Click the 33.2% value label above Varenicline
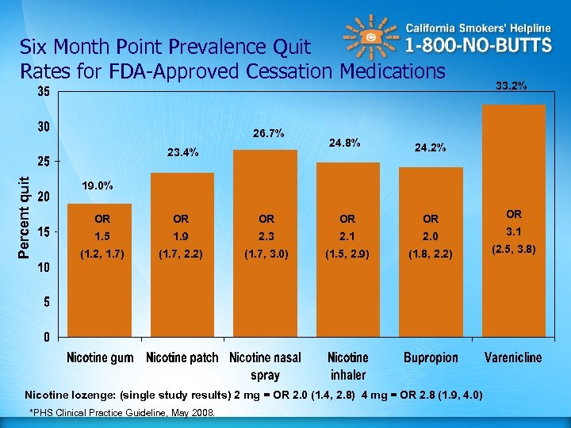[513, 85]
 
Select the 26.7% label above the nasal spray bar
[269, 132]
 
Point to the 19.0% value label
[98, 185]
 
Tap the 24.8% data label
[344, 143]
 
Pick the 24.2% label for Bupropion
[430, 147]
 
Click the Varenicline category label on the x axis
[513, 357]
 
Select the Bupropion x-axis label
[430, 357]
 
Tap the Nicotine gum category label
[100, 357]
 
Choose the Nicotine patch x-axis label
[182, 357]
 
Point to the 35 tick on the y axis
[44, 92]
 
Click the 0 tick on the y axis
[48, 337]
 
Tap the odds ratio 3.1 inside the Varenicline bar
[514, 231]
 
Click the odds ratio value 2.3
[266, 236]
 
